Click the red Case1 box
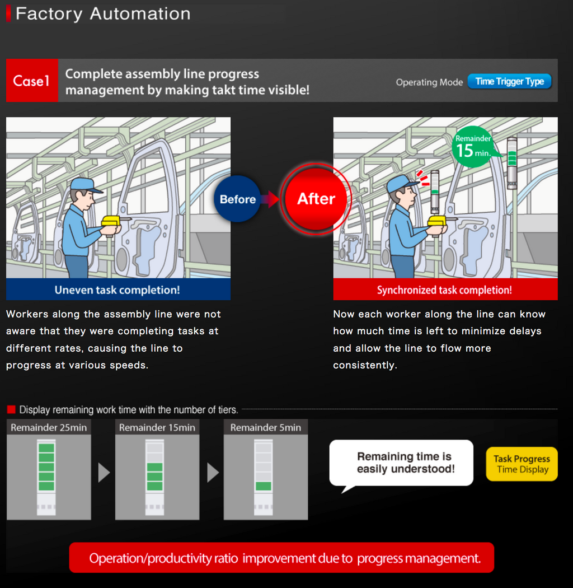[32, 80]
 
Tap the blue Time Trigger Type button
[509, 81]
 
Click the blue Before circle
[238, 199]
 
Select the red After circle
[316, 199]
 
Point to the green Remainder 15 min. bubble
[473, 147]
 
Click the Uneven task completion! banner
[118, 290]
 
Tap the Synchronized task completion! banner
[445, 290]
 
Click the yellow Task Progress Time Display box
[522, 464]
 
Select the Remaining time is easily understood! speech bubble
[401, 463]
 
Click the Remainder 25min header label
[49, 427]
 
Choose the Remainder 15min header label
[157, 427]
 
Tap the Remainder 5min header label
[266, 427]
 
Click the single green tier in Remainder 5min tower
[264, 486]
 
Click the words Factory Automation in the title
[103, 14]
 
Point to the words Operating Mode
[429, 82]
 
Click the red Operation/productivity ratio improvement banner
[281, 558]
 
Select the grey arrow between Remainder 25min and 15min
[104, 473]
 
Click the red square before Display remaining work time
[11, 409]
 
